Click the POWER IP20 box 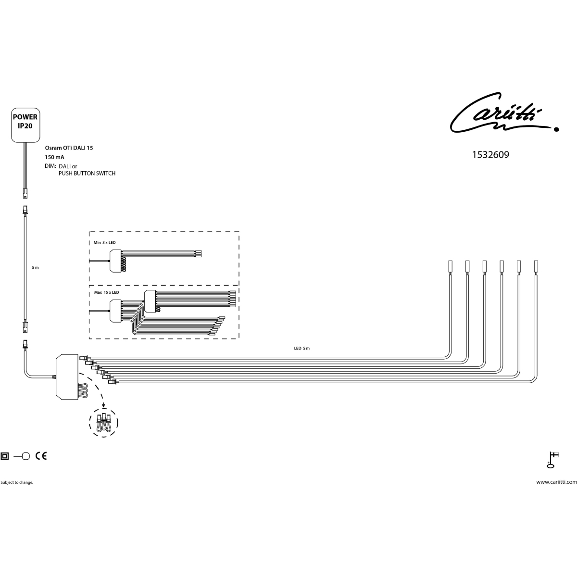(x=25, y=125)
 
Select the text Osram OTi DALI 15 (x=69, y=148)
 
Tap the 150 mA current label (x=54, y=157)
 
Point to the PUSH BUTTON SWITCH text (x=87, y=174)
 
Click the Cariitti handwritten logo (x=504, y=113)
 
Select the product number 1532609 (x=490, y=155)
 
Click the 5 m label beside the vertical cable (x=35, y=267)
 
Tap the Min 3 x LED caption (x=104, y=242)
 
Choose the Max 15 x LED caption (x=107, y=292)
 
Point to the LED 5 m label (x=302, y=348)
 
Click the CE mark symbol (x=41, y=456)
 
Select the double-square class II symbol (x=4, y=456)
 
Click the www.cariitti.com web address (x=556, y=482)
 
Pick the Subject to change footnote (x=17, y=482)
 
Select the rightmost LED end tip (x=536, y=266)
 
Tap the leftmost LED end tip (x=450, y=266)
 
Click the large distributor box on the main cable (x=67, y=376)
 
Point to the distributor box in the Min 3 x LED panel (x=115, y=261)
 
